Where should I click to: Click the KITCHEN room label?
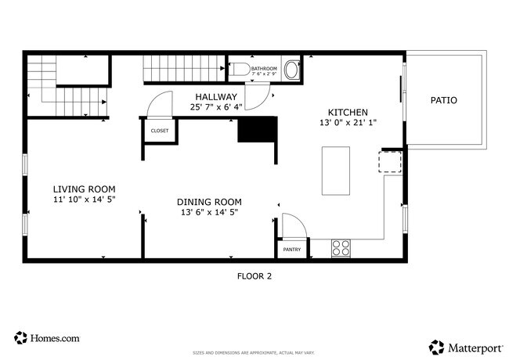(x=347, y=112)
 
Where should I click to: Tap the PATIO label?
(x=444, y=100)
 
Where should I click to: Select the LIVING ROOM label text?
(x=84, y=189)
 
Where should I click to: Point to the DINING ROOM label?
(x=208, y=201)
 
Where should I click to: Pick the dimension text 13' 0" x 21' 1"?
(x=347, y=123)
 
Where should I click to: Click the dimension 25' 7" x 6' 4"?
(x=217, y=107)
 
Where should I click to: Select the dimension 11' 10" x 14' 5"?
(x=84, y=200)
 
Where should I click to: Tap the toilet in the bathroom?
(x=241, y=70)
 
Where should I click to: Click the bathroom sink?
(x=291, y=70)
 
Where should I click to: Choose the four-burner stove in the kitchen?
(x=341, y=248)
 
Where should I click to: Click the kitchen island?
(x=337, y=171)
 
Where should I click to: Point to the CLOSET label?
(x=159, y=131)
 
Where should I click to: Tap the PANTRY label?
(x=291, y=250)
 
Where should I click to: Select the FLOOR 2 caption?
(x=254, y=275)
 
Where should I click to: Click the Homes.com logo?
(x=46, y=338)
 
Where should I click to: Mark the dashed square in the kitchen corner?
(x=390, y=162)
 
